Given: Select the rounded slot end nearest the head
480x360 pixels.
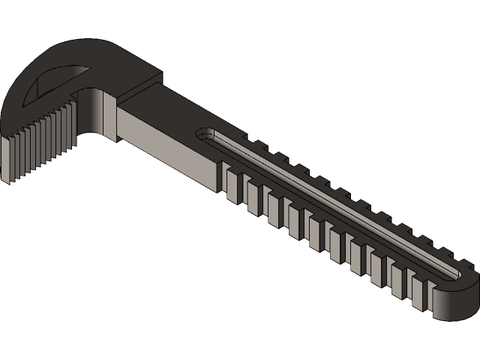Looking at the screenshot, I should tap(204, 135).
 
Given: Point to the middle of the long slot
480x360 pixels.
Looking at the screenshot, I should tap(330, 202).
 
